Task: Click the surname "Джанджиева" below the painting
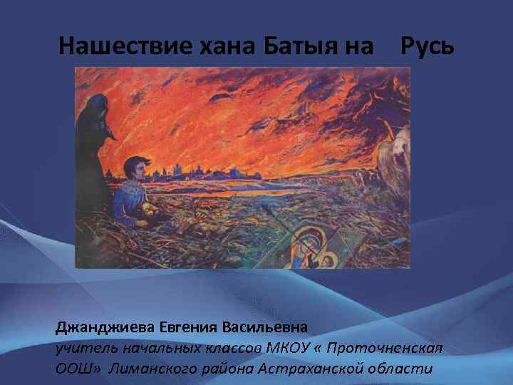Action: click(107, 328)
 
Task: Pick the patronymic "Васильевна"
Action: click(266, 328)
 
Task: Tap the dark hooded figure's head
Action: click(96, 111)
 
